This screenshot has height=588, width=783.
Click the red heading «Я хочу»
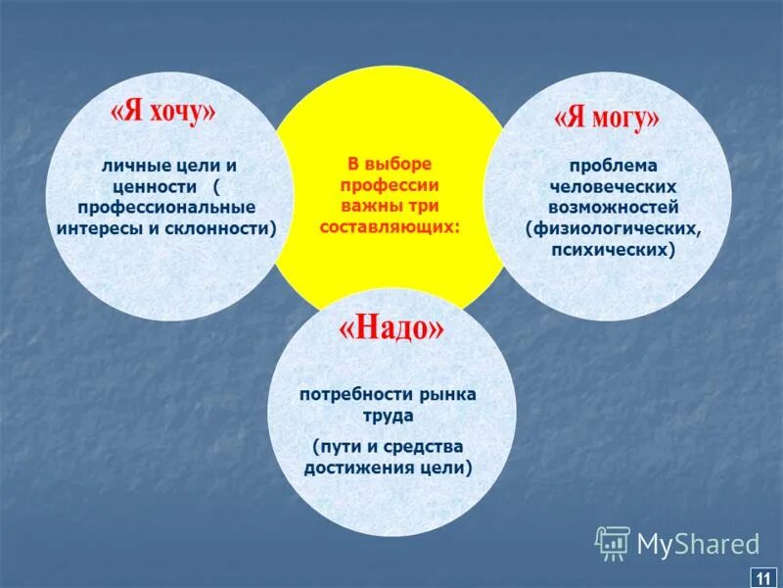pyautogui.click(x=162, y=112)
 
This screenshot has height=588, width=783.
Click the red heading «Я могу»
pyautogui.click(x=607, y=119)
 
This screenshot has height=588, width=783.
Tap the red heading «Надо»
pyautogui.click(x=391, y=329)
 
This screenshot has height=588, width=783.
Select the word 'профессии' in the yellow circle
pyautogui.click(x=390, y=185)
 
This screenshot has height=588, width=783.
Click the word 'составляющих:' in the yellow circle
pyautogui.click(x=390, y=226)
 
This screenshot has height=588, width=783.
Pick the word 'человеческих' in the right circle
pyautogui.click(x=614, y=187)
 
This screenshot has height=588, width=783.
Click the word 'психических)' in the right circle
pyautogui.click(x=614, y=250)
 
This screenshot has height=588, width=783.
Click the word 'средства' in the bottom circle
pyautogui.click(x=426, y=447)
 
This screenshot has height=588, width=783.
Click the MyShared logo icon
pyautogui.click(x=613, y=542)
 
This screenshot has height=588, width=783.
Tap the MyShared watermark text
pyautogui.click(x=698, y=544)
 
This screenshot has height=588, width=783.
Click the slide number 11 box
pyautogui.click(x=761, y=575)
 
